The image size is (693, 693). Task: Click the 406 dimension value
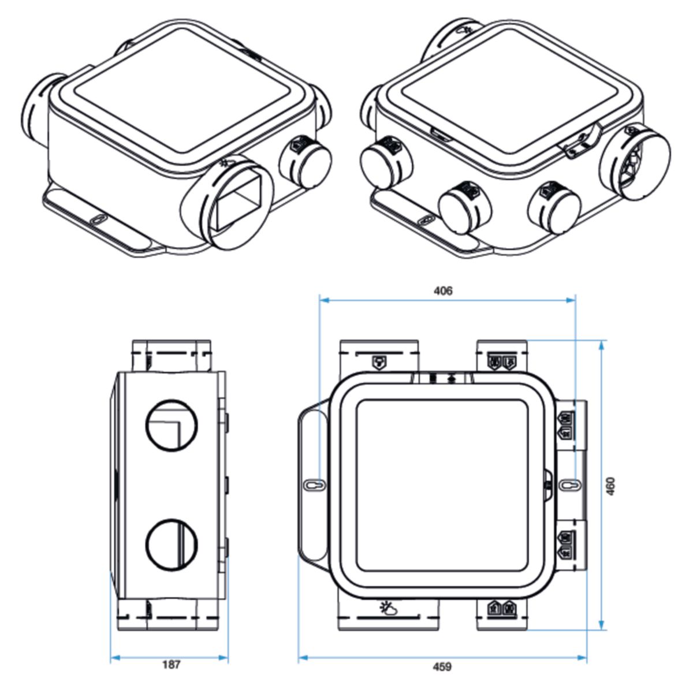[x=443, y=290]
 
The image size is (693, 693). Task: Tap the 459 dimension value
[x=442, y=667]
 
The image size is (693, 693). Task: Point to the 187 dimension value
[x=171, y=665]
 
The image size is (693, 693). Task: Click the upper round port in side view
[x=172, y=424]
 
